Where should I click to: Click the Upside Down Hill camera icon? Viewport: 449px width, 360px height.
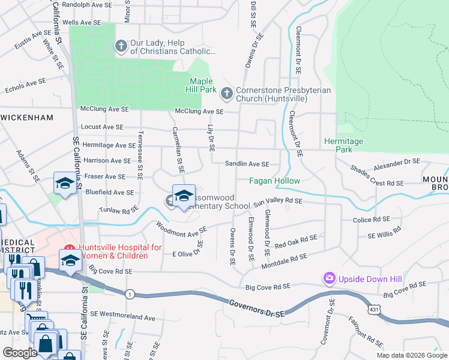pyautogui.click(x=329, y=278)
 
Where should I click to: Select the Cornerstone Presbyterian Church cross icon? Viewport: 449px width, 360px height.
pyautogui.click(x=227, y=93)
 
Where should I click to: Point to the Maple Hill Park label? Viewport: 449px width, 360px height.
pyautogui.click(x=203, y=85)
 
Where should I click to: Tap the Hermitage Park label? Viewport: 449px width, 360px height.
pyautogui.click(x=343, y=145)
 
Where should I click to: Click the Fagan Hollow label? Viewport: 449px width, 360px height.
pyautogui.click(x=275, y=181)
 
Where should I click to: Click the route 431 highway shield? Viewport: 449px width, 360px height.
pyautogui.click(x=373, y=309)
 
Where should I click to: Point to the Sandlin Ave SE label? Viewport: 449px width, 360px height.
pyautogui.click(x=247, y=164)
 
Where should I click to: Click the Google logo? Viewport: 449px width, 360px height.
pyautogui.click(x=21, y=353)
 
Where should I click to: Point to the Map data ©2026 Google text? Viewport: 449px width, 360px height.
pyautogui.click(x=411, y=355)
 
